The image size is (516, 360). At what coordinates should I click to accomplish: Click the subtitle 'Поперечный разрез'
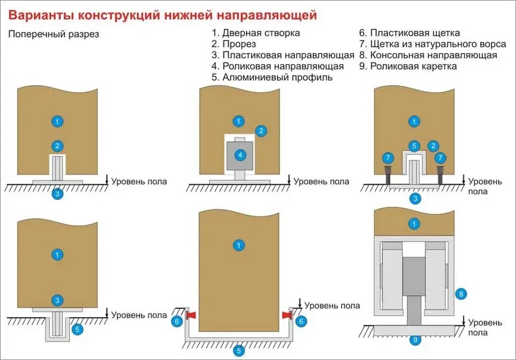[x=54, y=34]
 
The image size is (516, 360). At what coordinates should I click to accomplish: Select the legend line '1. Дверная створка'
[x=256, y=33]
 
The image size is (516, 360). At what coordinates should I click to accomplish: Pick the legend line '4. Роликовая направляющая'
[x=278, y=66]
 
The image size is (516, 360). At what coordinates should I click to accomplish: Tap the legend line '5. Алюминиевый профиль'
[x=272, y=77]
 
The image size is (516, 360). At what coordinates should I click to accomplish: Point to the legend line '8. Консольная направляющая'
[x=428, y=55]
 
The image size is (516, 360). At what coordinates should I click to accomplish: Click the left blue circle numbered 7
[x=388, y=158]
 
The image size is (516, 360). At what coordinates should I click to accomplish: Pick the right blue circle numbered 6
[x=301, y=321]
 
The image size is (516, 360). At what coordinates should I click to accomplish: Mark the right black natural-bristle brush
[x=442, y=175]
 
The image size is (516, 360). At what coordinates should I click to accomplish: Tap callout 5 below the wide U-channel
[x=239, y=350]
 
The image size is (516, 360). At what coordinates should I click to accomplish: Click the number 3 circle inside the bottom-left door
[x=57, y=300]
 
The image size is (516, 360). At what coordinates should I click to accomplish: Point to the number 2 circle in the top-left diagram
[x=57, y=145]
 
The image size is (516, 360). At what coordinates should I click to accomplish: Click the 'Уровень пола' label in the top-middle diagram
[x=322, y=182]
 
